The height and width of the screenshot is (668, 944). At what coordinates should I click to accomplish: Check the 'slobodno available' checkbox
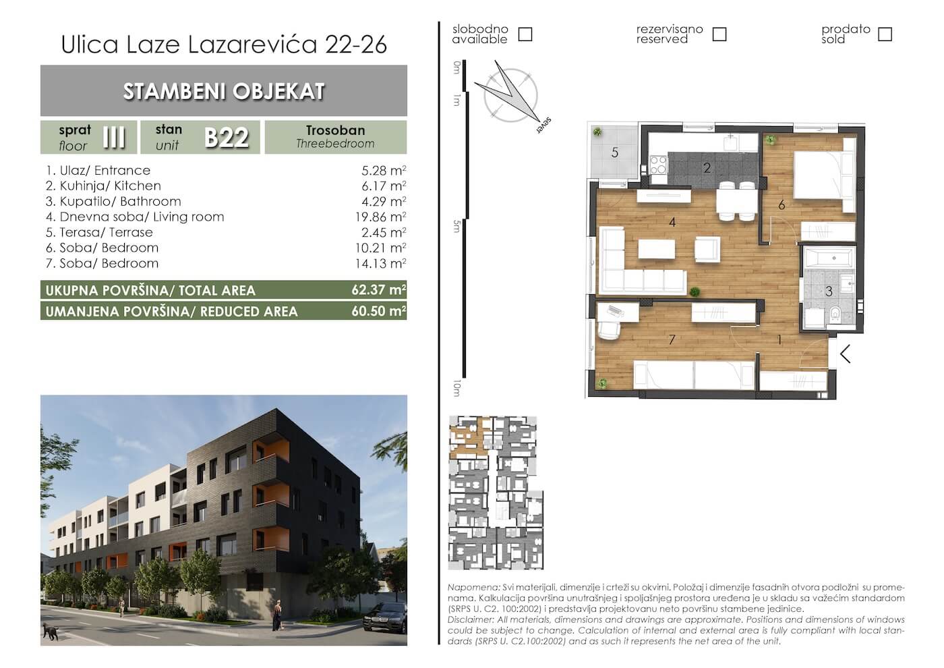pos(525,34)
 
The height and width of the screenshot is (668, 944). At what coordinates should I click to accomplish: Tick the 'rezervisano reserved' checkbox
pos(719,34)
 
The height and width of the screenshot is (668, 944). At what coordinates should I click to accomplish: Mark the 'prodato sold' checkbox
pos(885,34)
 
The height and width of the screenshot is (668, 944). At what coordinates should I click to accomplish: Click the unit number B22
pos(227,137)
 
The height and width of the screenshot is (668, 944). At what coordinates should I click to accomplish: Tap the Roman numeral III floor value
pos(114,137)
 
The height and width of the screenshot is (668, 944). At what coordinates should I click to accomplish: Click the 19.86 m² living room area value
pos(380,217)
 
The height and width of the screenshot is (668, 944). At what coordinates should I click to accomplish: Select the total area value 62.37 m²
pos(379,289)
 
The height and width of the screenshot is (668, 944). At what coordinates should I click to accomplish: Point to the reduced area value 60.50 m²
pos(379,311)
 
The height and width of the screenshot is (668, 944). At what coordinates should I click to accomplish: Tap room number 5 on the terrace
pos(615,152)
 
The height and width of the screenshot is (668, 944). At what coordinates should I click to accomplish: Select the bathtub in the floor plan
pos(829,257)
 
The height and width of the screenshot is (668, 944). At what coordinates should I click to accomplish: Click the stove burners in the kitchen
pos(658,165)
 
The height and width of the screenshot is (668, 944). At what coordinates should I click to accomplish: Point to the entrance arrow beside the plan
pos(845,354)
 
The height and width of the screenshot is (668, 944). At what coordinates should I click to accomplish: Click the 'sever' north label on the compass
pos(543,126)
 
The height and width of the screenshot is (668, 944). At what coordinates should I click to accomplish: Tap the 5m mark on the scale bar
pos(456,226)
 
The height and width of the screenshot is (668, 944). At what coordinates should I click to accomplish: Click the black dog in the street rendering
pos(51,632)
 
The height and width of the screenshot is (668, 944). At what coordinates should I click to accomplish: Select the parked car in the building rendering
pos(385,619)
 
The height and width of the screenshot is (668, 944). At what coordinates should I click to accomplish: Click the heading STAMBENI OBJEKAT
pos(224,91)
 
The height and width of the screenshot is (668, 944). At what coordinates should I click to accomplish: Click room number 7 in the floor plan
pos(672,339)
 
